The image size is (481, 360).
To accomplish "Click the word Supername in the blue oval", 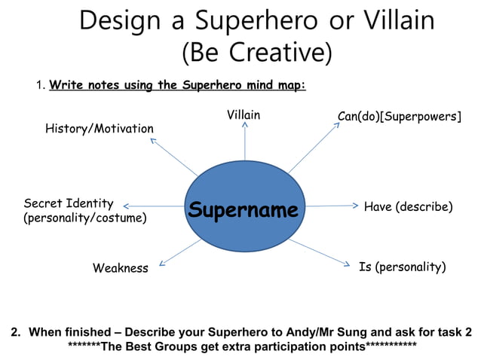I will [243, 209].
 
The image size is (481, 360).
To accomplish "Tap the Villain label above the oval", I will [244, 115].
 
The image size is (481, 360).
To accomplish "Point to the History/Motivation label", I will [100, 129].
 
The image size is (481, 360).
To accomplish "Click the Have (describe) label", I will [408, 206].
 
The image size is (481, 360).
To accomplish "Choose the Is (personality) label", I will [403, 267].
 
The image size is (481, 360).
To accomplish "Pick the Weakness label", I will [121, 268].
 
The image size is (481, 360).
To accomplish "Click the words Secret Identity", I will [69, 203].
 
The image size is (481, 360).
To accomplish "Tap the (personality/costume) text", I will [85, 218].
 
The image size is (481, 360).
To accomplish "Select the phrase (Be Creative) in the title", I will [256, 53].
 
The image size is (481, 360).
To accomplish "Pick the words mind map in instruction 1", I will [274, 85].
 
